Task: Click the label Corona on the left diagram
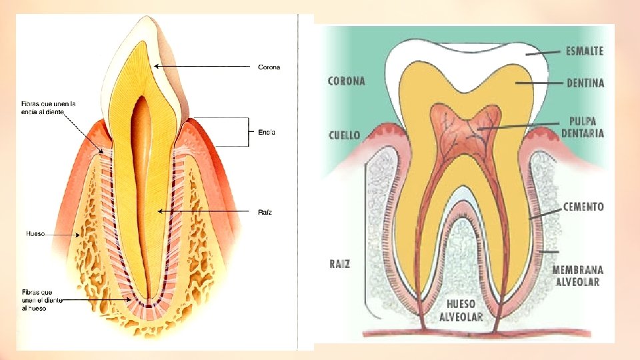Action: (269, 67)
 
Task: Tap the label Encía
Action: (266, 133)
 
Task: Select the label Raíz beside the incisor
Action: (265, 212)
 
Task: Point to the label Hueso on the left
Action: (35, 234)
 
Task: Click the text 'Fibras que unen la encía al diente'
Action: (48, 107)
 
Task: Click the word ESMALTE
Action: (585, 51)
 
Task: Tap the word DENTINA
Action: (585, 83)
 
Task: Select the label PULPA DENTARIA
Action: (583, 127)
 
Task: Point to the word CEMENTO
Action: (583, 207)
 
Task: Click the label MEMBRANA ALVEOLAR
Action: (577, 275)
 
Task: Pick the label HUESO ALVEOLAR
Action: (461, 310)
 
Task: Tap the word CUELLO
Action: (344, 135)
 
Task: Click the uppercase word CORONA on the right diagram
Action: (347, 81)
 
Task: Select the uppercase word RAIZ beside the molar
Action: (340, 264)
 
